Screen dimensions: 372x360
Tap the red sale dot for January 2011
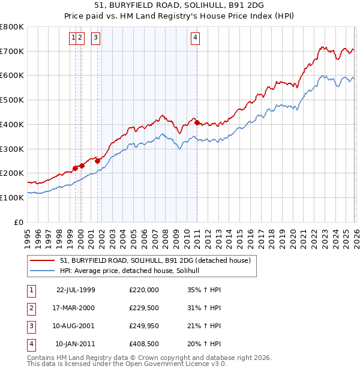pos(197,122)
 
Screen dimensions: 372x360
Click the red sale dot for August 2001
pos(97,161)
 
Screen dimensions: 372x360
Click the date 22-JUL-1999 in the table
pos(76,290)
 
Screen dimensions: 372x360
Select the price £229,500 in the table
pos(144,308)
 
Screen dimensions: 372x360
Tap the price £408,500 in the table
pos(144,344)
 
